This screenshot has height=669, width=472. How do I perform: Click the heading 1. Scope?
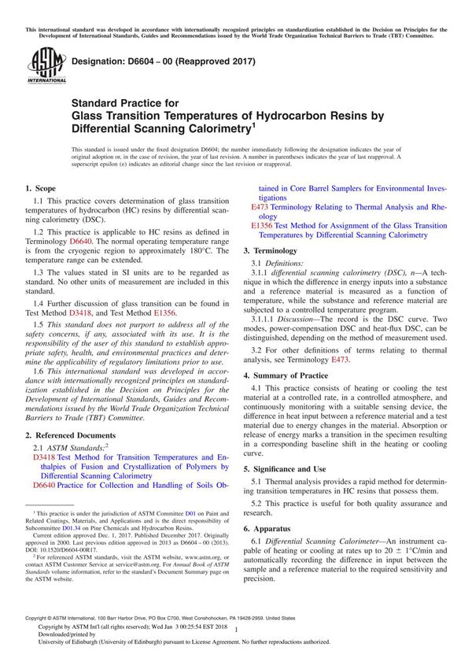(x=41, y=189)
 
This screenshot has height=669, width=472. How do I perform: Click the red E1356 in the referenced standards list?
(x=262, y=225)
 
